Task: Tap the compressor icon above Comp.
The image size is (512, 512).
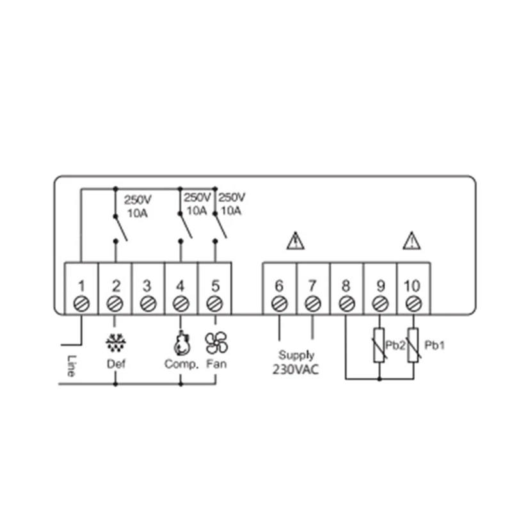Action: pos(180,343)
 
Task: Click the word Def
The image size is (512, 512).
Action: pos(115,364)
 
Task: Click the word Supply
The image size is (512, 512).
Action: pos(295,355)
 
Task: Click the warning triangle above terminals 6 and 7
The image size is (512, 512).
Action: pos(295,241)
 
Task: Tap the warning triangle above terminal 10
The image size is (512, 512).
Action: pos(411,241)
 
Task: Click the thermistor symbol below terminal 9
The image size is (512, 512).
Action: pos(379,345)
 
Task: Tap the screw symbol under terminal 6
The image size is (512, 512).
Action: pos(279,303)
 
